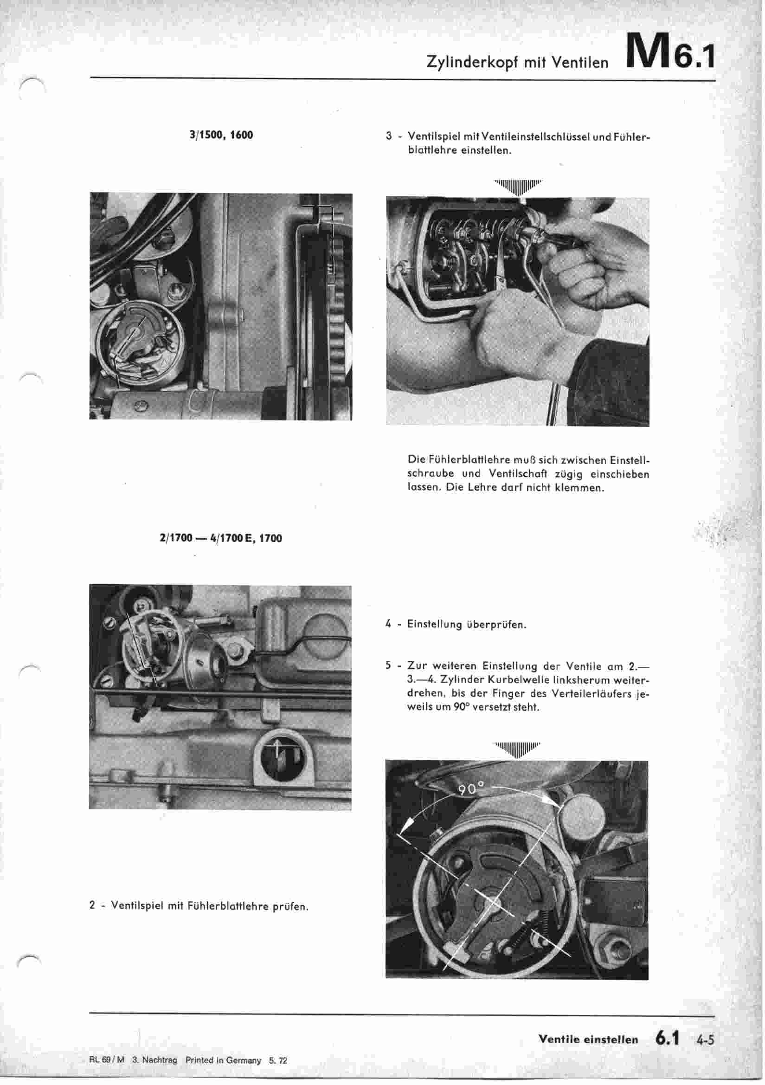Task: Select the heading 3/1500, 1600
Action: [x=221, y=135]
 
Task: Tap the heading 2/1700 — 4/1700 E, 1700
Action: [x=221, y=538]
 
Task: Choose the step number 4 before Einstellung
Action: [x=388, y=624]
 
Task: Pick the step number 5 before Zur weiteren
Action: [x=388, y=666]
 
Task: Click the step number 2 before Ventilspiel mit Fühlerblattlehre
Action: [x=92, y=906]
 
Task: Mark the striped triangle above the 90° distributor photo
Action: [x=517, y=749]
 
